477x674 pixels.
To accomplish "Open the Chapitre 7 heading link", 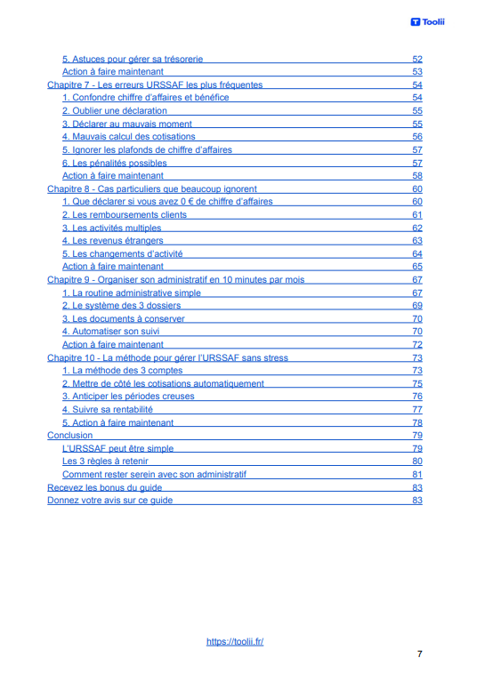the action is [x=155, y=84].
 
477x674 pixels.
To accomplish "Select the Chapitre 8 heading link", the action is [x=152, y=189].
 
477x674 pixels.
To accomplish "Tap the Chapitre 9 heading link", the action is [x=175, y=279].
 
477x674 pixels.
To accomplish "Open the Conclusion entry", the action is [x=69, y=436].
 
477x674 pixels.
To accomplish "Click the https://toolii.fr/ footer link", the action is [x=235, y=641].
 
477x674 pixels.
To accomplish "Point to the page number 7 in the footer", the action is [x=419, y=654].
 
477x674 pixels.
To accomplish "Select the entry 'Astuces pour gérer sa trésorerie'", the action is [x=133, y=59].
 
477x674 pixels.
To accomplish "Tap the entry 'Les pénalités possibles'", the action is [x=114, y=164].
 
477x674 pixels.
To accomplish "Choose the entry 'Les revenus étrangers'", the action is [x=112, y=240].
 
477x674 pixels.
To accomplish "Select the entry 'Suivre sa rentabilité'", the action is [x=107, y=410].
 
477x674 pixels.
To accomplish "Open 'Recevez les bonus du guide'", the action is [x=104, y=487].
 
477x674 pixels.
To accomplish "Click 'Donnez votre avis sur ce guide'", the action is [x=109, y=501].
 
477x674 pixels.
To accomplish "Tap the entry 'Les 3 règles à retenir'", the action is [x=105, y=461].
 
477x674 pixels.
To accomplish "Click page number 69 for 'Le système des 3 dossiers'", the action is [x=416, y=306].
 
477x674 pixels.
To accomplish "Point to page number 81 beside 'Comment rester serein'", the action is [x=416, y=475].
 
